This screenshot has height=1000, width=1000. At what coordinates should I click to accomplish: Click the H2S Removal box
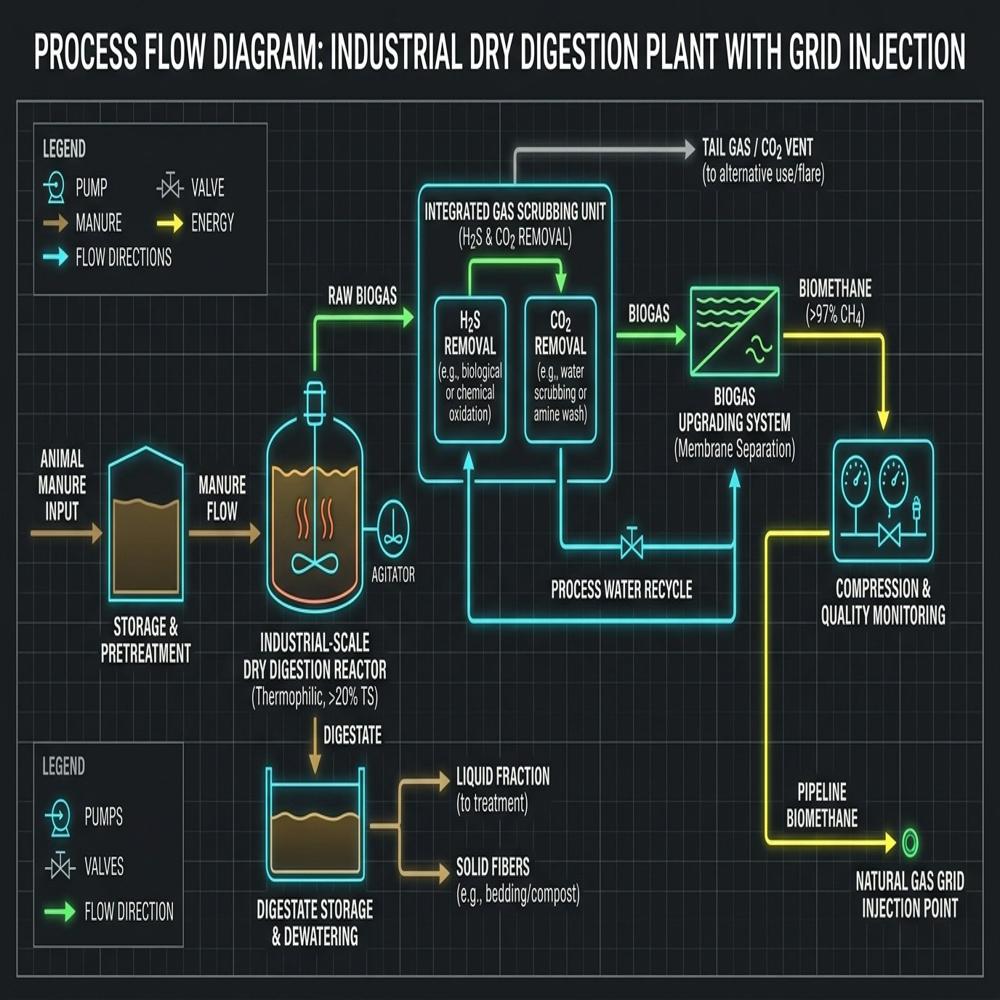point(470,369)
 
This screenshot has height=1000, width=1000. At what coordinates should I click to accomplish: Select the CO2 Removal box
point(560,369)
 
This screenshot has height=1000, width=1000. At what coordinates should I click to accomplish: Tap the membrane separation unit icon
point(735,332)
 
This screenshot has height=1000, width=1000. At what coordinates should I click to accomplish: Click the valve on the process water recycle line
point(632,544)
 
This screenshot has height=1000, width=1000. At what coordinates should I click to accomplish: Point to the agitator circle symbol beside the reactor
point(393,529)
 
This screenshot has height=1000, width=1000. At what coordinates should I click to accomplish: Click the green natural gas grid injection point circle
point(910,842)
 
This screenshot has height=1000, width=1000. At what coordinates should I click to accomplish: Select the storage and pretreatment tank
point(146,524)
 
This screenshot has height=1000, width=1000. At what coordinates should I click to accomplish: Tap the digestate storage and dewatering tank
point(315,824)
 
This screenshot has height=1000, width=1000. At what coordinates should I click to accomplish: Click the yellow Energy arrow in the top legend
point(170,223)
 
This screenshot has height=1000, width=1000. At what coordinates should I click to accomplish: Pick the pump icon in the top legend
point(55,188)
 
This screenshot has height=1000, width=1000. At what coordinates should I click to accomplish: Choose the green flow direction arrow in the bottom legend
point(60,911)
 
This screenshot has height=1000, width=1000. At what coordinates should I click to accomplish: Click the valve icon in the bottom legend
point(60,865)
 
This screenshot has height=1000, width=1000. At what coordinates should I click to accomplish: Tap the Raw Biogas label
point(362,295)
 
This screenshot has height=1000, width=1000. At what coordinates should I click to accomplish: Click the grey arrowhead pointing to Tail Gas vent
point(689,149)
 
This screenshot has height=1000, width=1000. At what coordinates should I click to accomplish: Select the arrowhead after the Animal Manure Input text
point(96,533)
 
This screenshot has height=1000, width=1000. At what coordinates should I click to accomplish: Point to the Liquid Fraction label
point(503,776)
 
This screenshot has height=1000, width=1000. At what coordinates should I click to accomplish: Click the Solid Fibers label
point(492,867)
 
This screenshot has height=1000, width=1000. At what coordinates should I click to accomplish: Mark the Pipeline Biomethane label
point(821,805)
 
